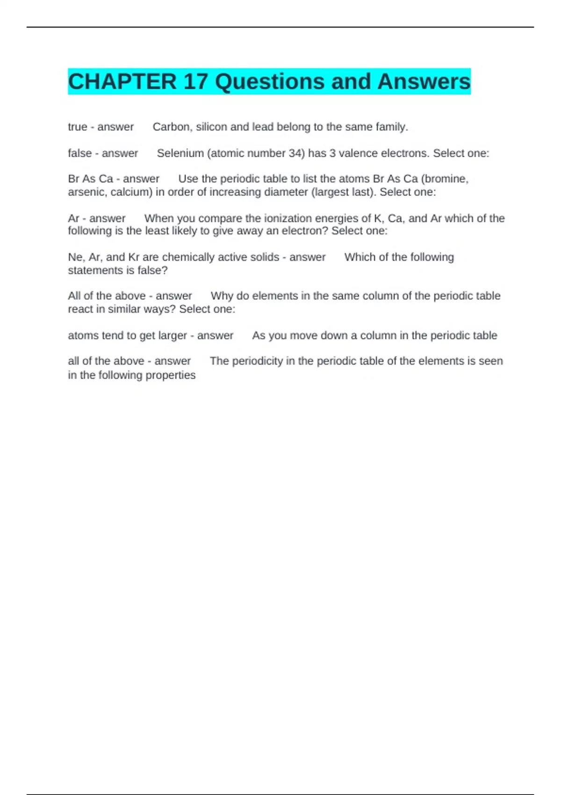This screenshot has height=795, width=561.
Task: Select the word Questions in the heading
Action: (x=269, y=82)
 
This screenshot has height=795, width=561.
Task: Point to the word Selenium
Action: (x=180, y=153)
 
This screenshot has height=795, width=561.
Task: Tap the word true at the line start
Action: (x=78, y=127)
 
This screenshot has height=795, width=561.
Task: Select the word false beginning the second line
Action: (x=79, y=153)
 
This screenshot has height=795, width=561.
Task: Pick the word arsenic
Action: (x=87, y=192)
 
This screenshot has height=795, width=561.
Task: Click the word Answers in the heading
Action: (x=424, y=82)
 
